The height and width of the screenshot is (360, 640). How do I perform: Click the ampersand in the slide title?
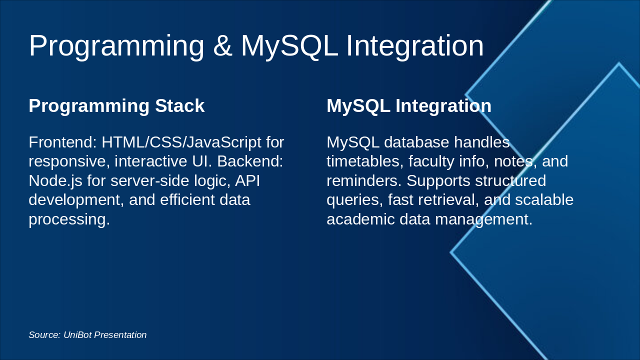coord(222,45)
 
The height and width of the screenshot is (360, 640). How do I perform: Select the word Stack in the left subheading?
coord(179,105)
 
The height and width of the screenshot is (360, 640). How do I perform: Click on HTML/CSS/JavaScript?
coord(181,142)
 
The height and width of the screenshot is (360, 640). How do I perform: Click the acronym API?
coord(247,181)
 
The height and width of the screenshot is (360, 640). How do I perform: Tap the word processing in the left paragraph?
coord(69,219)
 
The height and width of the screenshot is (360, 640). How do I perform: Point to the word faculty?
coord(431,162)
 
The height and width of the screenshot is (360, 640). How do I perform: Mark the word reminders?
coord(364,181)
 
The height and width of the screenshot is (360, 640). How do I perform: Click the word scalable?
coord(544,199)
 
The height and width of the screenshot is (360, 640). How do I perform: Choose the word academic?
coord(360,219)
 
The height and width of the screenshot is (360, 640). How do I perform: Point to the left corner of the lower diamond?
coord(450,252)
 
